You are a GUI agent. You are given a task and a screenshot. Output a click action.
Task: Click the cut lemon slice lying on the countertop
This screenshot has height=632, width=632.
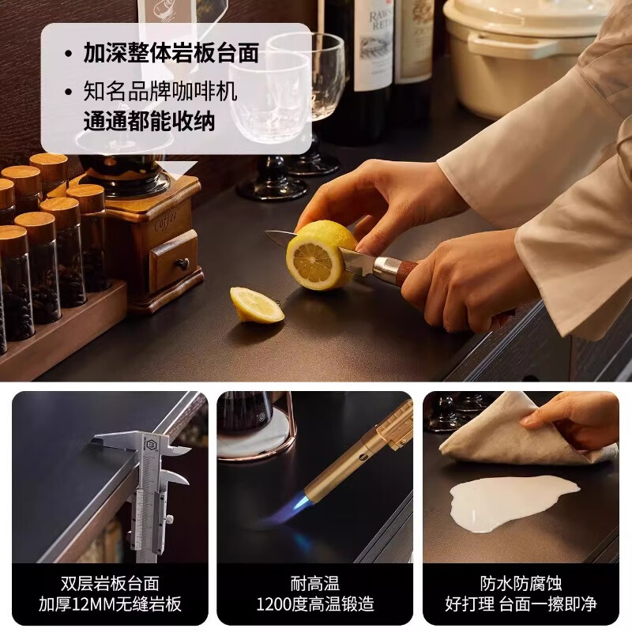(256, 305)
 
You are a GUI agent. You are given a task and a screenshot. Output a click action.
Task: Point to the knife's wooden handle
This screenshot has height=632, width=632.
(407, 271)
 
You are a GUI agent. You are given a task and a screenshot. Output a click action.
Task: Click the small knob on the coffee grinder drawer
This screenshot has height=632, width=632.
(182, 264)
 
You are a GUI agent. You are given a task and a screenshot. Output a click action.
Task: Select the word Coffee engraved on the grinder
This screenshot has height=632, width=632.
(166, 221)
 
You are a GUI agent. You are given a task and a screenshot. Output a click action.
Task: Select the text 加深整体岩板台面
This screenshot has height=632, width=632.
(171, 53)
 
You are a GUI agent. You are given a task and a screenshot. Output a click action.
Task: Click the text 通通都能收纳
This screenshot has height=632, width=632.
(149, 121)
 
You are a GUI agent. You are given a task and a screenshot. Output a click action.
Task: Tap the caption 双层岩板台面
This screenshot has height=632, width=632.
(110, 583)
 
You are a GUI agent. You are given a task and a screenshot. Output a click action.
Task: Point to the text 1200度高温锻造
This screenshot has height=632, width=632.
(315, 604)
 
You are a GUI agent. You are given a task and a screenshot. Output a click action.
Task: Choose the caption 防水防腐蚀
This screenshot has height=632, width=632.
(521, 583)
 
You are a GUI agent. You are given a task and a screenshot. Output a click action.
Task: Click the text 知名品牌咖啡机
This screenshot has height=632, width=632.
(160, 92)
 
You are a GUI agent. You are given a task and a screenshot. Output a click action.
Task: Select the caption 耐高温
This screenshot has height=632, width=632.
(315, 583)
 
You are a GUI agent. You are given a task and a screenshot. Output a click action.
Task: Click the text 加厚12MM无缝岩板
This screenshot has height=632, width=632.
(110, 604)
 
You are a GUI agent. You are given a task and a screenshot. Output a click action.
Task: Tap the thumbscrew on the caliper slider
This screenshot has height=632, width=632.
(171, 520)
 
